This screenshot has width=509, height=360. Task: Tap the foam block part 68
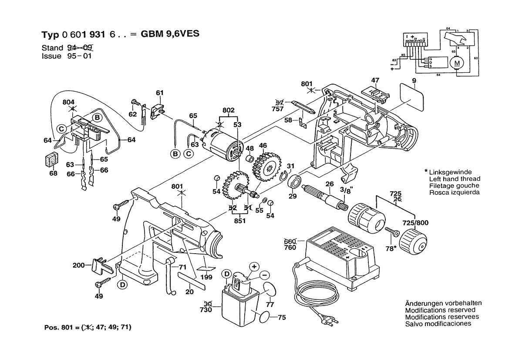coord(51,159)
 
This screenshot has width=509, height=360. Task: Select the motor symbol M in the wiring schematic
coord(457,64)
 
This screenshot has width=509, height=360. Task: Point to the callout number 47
coord(375,80)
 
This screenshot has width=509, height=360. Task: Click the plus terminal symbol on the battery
coord(254,266)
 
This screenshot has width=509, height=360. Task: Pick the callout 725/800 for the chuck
coord(416,223)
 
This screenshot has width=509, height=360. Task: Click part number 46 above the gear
coord(263,145)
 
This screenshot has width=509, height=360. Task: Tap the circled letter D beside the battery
coord(226,274)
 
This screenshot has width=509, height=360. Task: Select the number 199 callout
coord(206,277)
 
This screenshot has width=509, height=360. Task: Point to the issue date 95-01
coord(80,56)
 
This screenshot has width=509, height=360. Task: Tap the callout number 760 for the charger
coord(290,248)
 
